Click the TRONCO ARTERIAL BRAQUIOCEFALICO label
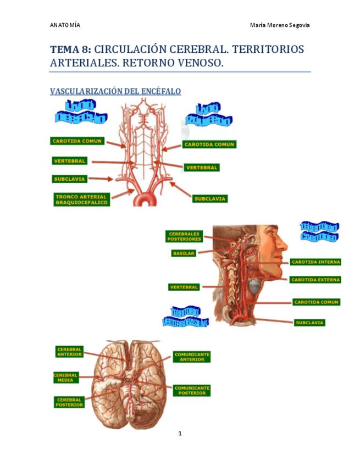[82, 199]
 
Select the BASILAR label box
[183, 254]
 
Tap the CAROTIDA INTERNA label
[315, 262]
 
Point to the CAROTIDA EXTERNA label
[315, 280]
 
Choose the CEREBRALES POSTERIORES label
[185, 236]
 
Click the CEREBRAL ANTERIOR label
[69, 352]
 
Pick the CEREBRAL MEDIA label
[66, 378]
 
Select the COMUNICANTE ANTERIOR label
[192, 357]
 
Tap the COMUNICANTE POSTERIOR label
[192, 390]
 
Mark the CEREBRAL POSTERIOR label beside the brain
[69, 402]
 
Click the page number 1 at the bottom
[180, 434]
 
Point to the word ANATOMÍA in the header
[65, 25]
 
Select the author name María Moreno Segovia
[280, 25]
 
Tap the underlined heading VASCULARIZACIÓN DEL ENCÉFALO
[115, 91]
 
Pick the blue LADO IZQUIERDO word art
[208, 114]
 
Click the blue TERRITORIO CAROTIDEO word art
[319, 231]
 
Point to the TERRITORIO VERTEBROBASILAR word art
[185, 316]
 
